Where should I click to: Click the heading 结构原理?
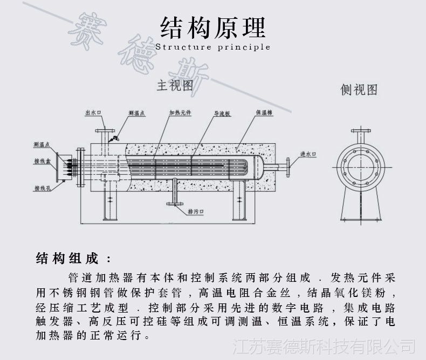coord(212,25)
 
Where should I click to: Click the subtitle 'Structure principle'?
coord(212,47)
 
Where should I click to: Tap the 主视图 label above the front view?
coord(174,86)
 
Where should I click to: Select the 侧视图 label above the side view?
coord(359,90)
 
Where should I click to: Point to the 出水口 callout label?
coord(93,113)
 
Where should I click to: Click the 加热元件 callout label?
coord(178,113)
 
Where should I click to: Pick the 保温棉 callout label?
coord(265,113)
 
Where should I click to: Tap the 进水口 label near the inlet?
coord(307,154)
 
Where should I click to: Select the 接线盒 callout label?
coord(42,161)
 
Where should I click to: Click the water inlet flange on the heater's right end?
coord(289,166)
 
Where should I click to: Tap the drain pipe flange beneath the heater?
coord(174,204)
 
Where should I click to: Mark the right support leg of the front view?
coord(239,205)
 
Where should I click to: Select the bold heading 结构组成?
coord(67,259)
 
